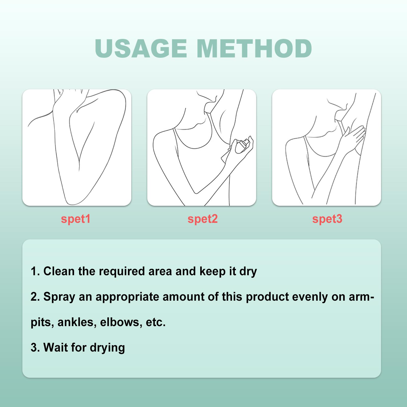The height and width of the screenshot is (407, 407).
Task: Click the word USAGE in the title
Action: click(x=141, y=49)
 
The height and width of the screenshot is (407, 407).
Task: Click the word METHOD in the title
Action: click(x=254, y=49)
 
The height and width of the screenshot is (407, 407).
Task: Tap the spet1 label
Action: click(x=76, y=219)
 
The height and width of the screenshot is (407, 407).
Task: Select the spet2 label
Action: click(x=202, y=219)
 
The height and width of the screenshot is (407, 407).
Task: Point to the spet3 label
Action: click(x=327, y=219)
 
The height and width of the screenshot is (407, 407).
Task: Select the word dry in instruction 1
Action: click(x=248, y=272)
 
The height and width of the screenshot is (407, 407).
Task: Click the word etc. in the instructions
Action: click(x=156, y=322)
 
